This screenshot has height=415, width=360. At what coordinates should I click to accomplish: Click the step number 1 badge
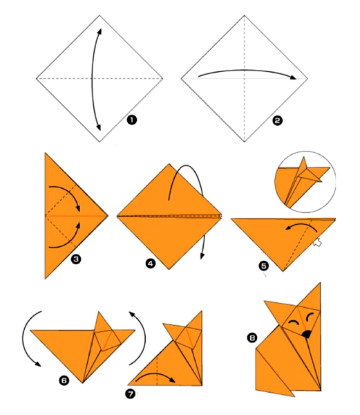pyautogui.click(x=131, y=120)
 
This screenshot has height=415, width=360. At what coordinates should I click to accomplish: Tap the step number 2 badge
pyautogui.click(x=277, y=121)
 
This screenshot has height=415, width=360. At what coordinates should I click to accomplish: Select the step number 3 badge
pyautogui.click(x=76, y=259)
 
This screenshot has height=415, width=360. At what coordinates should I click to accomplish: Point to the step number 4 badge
pyautogui.click(x=151, y=264)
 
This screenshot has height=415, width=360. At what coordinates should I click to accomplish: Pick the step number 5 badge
pyautogui.click(x=264, y=266)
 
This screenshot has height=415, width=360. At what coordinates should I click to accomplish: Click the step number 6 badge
pyautogui.click(x=64, y=380)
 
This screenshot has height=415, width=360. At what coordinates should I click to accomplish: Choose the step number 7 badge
pyautogui.click(x=130, y=394)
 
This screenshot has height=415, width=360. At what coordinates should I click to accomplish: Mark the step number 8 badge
pyautogui.click(x=252, y=338)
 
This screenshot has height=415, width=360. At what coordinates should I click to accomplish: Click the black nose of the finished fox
pyautogui.click(x=306, y=334)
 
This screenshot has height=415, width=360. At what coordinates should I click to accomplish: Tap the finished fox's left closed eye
pyautogui.click(x=293, y=322)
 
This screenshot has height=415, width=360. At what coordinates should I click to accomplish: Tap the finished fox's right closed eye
pyautogui.click(x=310, y=317)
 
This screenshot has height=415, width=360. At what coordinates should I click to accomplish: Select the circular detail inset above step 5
pyautogui.click(x=305, y=182)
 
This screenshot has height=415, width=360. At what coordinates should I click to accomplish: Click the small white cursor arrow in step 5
pyautogui.click(x=317, y=243)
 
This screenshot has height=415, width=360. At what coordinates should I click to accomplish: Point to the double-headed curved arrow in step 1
pyautogui.click(x=93, y=80)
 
